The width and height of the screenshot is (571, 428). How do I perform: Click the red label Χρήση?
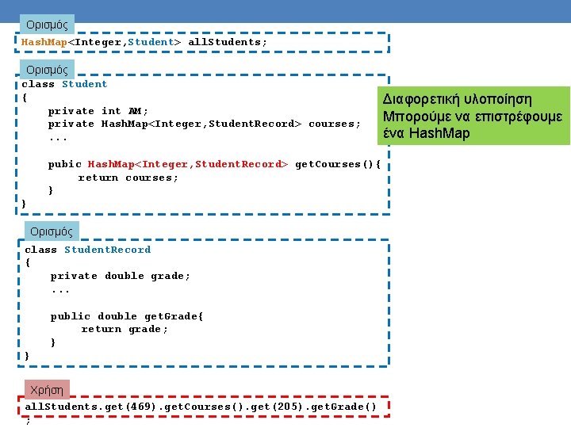(47, 390)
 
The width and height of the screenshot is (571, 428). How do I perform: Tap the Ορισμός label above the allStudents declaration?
(48, 25)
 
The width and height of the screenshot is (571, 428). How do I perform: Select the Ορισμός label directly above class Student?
(48, 70)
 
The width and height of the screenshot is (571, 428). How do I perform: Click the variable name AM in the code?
(135, 111)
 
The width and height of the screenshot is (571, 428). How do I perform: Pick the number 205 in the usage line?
(288, 407)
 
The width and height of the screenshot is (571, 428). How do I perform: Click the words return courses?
(128, 178)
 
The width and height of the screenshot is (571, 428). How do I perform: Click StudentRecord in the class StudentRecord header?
(107, 250)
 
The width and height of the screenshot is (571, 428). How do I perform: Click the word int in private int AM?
(111, 111)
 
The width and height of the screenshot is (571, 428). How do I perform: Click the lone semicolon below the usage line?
(28, 420)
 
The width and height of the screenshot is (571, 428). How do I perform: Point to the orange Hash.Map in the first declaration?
(44, 41)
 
